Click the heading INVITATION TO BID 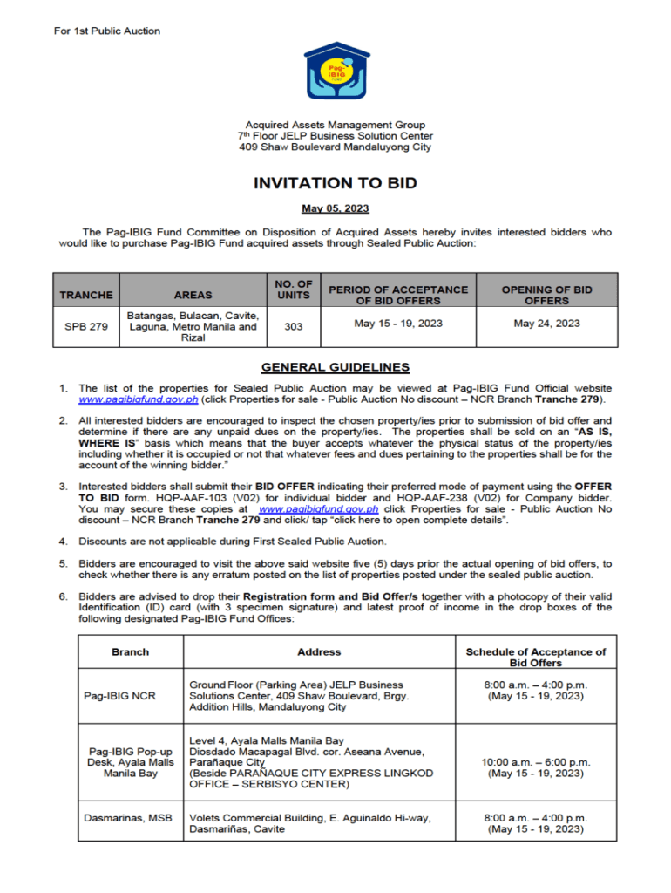335,184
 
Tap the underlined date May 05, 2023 335,209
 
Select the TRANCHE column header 86,295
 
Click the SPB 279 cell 86,327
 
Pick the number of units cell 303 294,327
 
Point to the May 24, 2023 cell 546,324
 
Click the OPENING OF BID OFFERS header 546,295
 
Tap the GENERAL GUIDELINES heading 335,368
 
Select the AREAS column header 193,295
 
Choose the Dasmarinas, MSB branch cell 128,818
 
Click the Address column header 319,651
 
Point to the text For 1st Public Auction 107,31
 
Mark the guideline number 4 63,542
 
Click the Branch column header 131,651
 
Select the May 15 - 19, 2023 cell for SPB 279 398,324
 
